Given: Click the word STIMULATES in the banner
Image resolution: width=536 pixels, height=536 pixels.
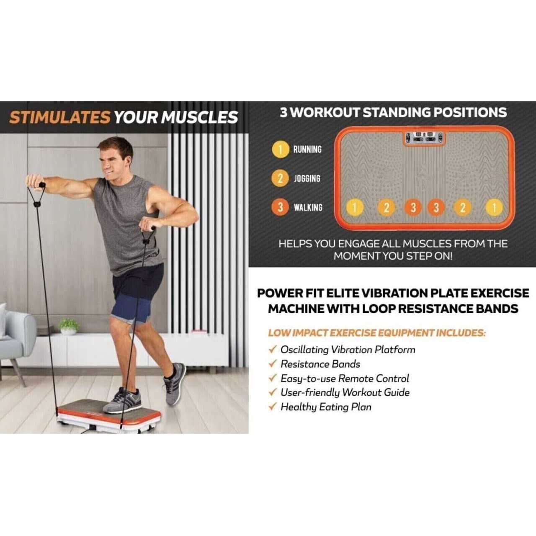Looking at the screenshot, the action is [x=60, y=117].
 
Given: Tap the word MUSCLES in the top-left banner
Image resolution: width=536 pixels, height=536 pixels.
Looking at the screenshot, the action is [x=200, y=117].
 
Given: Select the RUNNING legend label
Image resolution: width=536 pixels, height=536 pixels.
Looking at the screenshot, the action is [x=307, y=149].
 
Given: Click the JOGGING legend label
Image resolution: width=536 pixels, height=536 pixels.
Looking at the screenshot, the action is [x=307, y=178].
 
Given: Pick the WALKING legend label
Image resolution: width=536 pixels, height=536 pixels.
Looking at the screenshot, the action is [x=308, y=207].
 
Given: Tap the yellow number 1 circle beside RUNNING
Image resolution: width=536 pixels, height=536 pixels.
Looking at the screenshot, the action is [x=281, y=149].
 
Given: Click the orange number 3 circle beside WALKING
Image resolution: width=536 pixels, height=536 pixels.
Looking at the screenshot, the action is [x=281, y=207].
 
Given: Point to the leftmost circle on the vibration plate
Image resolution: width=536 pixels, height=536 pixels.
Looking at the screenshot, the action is [x=354, y=207].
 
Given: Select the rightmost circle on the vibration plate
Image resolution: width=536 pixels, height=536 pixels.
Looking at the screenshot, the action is [x=494, y=208].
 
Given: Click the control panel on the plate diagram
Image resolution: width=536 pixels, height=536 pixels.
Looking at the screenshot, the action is [x=424, y=138].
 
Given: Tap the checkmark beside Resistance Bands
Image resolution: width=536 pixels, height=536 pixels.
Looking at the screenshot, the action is [x=273, y=363].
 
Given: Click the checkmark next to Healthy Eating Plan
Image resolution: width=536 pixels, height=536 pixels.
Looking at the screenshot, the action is [x=273, y=407].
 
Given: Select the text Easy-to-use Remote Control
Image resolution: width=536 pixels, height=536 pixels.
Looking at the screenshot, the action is [x=345, y=378].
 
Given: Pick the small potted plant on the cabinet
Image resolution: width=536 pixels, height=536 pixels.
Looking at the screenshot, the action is [x=68, y=327].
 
